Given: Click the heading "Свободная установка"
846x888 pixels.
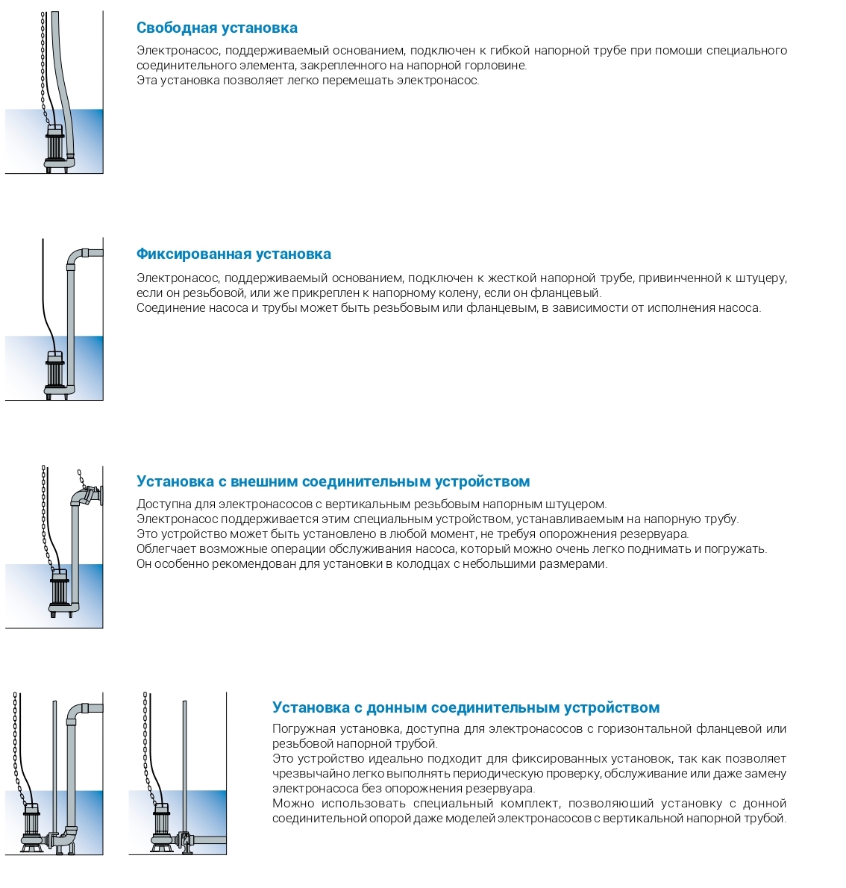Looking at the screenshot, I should (216, 28).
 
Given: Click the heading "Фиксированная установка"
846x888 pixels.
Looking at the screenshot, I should (234, 254).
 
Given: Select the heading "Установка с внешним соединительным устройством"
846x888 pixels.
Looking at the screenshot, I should (333, 481).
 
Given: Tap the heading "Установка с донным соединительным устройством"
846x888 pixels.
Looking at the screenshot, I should (466, 707).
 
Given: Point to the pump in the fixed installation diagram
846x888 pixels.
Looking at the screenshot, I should (55, 373).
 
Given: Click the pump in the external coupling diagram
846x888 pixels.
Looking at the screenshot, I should (58, 593).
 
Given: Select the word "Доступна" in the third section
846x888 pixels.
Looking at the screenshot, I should (159, 504).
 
